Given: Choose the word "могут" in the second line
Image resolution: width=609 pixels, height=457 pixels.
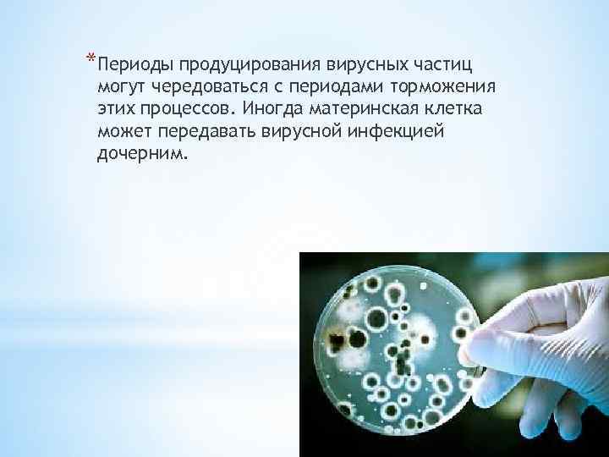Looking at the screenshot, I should click(x=120, y=87).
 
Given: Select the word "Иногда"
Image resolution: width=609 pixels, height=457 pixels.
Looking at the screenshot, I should click(x=269, y=110).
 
